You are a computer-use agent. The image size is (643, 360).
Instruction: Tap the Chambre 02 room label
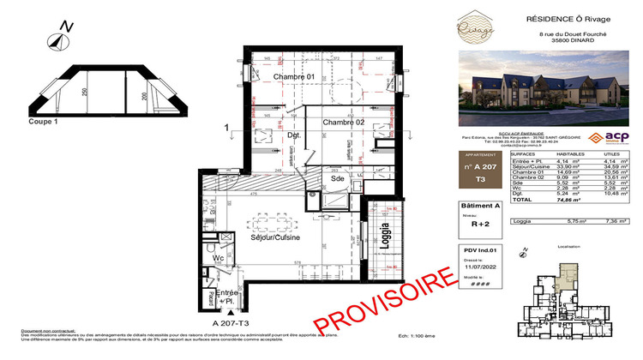pos(346,123)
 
